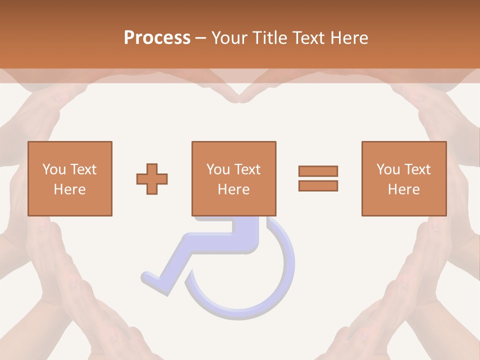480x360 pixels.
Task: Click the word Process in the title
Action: [x=157, y=38]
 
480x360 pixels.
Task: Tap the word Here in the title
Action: [x=348, y=38]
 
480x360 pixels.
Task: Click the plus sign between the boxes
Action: [x=152, y=179]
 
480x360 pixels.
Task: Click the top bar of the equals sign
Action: [x=318, y=171]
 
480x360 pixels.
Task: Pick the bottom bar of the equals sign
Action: [x=318, y=185]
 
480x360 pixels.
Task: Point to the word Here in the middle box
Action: [x=234, y=189]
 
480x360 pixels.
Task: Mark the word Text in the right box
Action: [x=418, y=169]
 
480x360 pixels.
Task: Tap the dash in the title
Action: [x=200, y=38]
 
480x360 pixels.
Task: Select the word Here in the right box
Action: [x=404, y=189]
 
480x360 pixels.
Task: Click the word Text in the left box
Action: [x=83, y=169]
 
